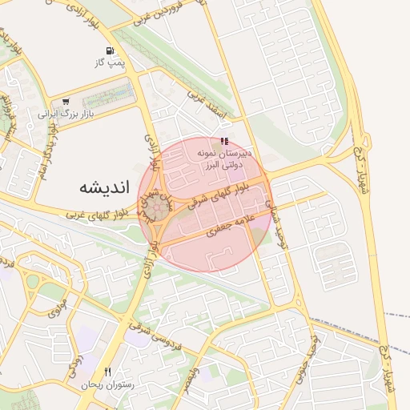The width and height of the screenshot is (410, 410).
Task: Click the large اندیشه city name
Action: (104, 187)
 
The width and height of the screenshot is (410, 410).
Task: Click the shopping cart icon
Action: (66, 102)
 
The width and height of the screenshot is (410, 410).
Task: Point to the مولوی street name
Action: (57, 305)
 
